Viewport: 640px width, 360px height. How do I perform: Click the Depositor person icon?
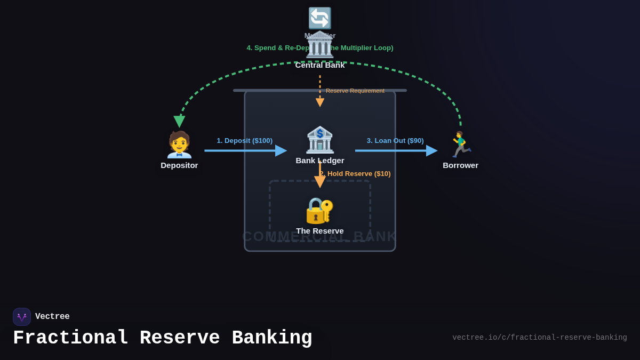pos(179,145)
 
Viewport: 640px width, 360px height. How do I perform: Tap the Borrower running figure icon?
pos(460,145)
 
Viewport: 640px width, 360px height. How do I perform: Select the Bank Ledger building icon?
pos(320,140)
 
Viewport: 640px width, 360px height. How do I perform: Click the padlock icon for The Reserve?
pos(319,211)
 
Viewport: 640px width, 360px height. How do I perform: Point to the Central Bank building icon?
pos(320,45)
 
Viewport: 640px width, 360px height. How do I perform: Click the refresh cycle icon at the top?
pos(320,18)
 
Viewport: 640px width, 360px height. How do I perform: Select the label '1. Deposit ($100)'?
pos(244,141)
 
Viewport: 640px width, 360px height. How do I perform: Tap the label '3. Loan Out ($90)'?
pos(395,141)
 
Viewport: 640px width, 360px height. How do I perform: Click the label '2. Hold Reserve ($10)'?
pos(356,174)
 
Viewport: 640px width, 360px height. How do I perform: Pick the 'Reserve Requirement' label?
pos(355,91)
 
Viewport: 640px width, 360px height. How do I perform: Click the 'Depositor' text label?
pos(179,165)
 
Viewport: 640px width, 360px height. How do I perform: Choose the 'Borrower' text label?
pos(460,165)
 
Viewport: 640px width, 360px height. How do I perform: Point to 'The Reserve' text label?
pos(320,231)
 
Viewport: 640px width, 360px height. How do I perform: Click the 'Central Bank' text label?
pos(320,65)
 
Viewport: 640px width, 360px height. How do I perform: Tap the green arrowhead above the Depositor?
pos(179,122)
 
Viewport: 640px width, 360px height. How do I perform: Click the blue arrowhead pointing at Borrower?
pos(431,151)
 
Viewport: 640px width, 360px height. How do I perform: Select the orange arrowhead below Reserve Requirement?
pos(320,102)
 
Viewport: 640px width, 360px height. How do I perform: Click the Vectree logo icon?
pos(22,317)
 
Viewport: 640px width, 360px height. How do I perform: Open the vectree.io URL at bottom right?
pos(539,338)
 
